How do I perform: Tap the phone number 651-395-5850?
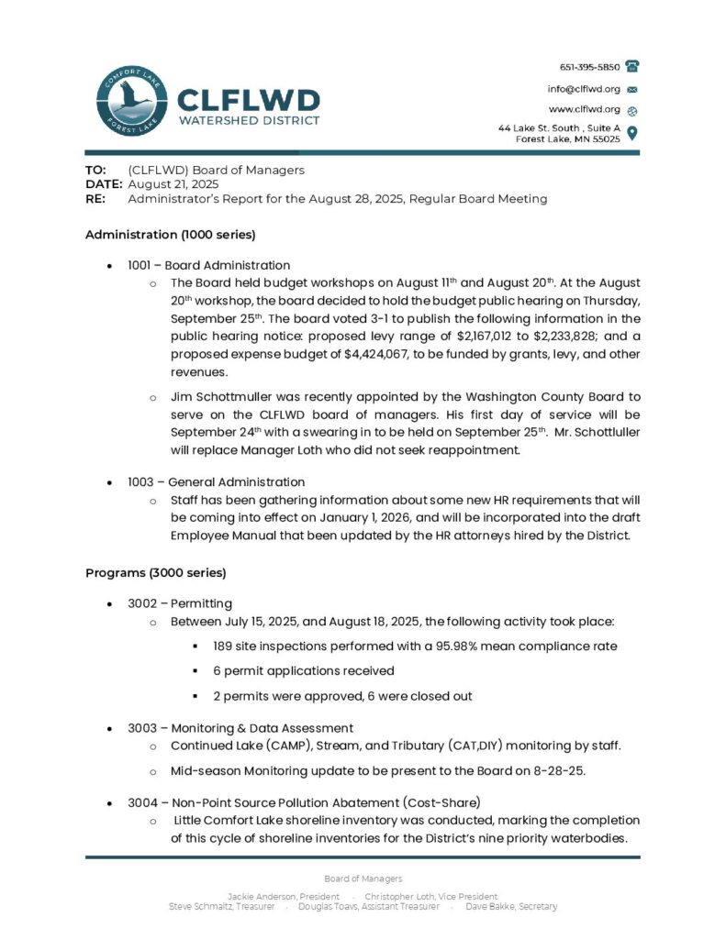tap(590, 67)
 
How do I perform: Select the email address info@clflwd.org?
tap(585, 89)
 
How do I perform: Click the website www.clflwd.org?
tap(585, 109)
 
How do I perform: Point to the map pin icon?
tap(631, 133)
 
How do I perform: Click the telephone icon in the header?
tap(631, 66)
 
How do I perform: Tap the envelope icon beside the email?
tap(631, 90)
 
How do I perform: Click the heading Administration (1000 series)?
tap(170, 234)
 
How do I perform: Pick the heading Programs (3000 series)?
tap(155, 572)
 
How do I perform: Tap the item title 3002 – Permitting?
tap(180, 602)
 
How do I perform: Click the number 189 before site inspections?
tap(224, 646)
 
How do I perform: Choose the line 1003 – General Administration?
tap(217, 481)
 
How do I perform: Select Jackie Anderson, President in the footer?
tap(283, 896)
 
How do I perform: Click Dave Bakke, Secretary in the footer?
tap(511, 907)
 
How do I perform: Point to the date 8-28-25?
tap(561, 770)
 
